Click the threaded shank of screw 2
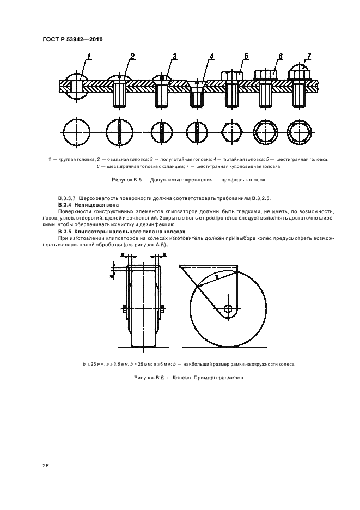pyautogui.click(x=120, y=96)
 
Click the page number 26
pyautogui.click(x=45, y=466)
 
